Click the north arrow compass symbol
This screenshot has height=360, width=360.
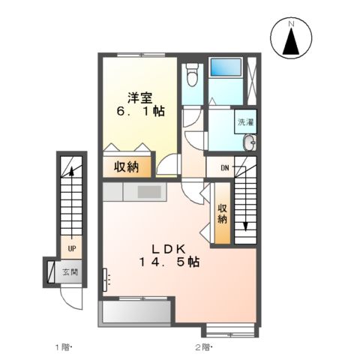[291, 40]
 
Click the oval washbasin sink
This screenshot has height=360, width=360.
[250, 143]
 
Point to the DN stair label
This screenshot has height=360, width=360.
[223, 168]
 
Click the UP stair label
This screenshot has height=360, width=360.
[71, 247]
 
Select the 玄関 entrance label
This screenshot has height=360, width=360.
[70, 272]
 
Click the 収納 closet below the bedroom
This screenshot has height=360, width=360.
[126, 166]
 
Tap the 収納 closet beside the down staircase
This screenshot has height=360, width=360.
[222, 214]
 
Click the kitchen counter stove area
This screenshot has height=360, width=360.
[148, 192]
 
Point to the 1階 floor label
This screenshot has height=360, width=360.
[61, 346]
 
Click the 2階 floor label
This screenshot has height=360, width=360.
[203, 346]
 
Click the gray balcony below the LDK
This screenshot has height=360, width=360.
[135, 310]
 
